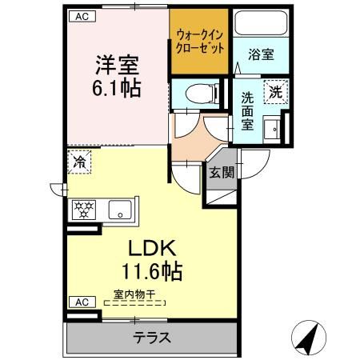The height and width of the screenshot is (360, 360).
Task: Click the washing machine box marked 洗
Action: pos(275,91)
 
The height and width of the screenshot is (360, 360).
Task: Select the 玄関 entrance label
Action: pos(222,172)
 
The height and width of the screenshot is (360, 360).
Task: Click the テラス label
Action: pos(150,337)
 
